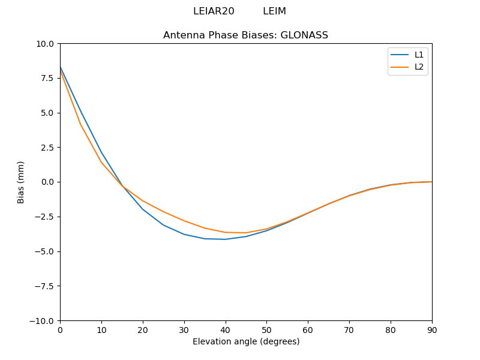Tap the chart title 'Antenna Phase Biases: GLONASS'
(x=245, y=35)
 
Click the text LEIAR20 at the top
(x=214, y=11)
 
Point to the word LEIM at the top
(x=274, y=11)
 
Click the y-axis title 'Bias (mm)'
(x=21, y=182)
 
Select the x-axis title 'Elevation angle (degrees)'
(x=246, y=341)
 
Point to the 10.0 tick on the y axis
(x=46, y=44)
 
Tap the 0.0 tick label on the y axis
(x=48, y=182)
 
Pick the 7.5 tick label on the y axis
(x=48, y=78)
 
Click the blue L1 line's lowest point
(x=225, y=239)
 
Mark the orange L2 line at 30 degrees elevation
(x=184, y=221)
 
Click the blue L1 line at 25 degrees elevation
(x=163, y=225)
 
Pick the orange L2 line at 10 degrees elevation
(x=101, y=162)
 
